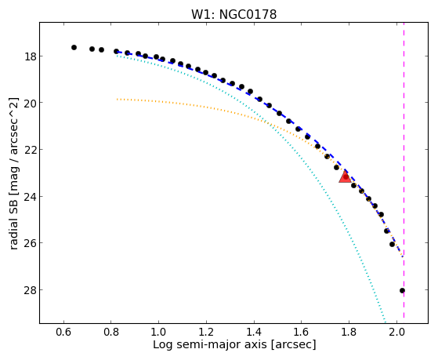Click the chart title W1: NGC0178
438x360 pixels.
233,15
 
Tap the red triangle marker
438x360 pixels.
345,177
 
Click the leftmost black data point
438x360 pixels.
74,48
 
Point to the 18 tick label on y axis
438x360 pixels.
29,56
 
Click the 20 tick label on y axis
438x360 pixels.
29,103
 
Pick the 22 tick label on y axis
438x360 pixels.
29,150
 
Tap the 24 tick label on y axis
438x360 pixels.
29,197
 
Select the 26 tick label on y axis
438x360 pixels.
29,243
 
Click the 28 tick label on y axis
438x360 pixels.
29,289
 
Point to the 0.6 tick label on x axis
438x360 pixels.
64,332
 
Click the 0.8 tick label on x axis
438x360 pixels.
111,332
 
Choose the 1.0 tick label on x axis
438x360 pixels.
158,332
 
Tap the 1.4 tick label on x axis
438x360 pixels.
254,332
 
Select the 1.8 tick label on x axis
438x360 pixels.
349,332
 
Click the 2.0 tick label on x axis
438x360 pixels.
396,332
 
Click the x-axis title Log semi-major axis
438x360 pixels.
209,344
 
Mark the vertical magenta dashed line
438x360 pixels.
404,173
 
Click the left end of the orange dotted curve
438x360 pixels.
118,99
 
